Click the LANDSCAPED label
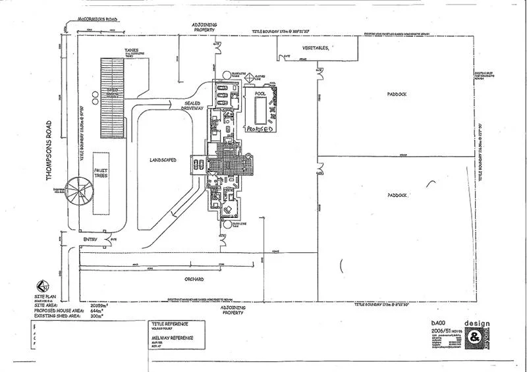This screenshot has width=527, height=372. (161, 159)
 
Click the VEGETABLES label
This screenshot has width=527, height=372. (316, 48)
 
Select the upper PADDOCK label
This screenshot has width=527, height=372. (397, 94)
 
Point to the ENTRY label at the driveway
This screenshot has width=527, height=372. (90, 239)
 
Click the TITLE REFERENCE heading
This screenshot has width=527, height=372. (169, 324)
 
